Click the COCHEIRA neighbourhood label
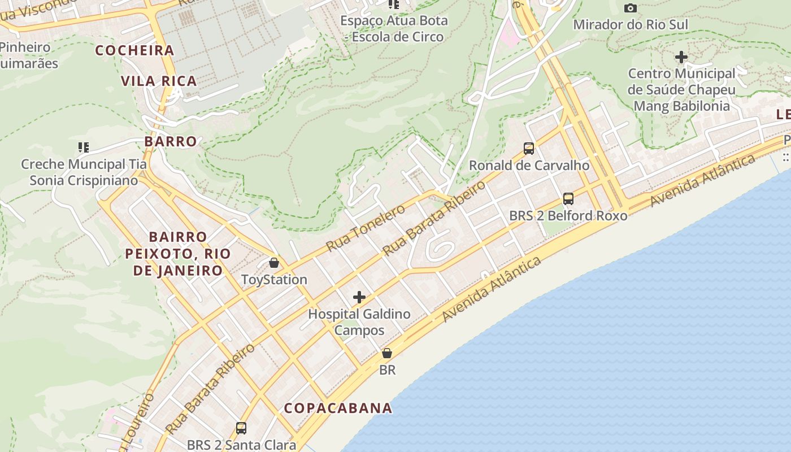134,50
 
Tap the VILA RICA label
159,81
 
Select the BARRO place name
170,141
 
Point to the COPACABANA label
338,408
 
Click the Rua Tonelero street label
366,228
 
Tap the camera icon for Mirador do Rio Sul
631,8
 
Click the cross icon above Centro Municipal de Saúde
681,57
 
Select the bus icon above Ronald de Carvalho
529,149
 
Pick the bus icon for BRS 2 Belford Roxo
568,199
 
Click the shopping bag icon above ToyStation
274,263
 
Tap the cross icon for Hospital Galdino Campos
359,297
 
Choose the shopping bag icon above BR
387,354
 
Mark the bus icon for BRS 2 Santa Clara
241,428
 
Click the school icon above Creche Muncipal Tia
84,147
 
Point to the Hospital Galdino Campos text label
359,322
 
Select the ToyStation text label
274,280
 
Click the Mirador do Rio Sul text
631,25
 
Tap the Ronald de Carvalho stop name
529,166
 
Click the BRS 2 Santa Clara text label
241,445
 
